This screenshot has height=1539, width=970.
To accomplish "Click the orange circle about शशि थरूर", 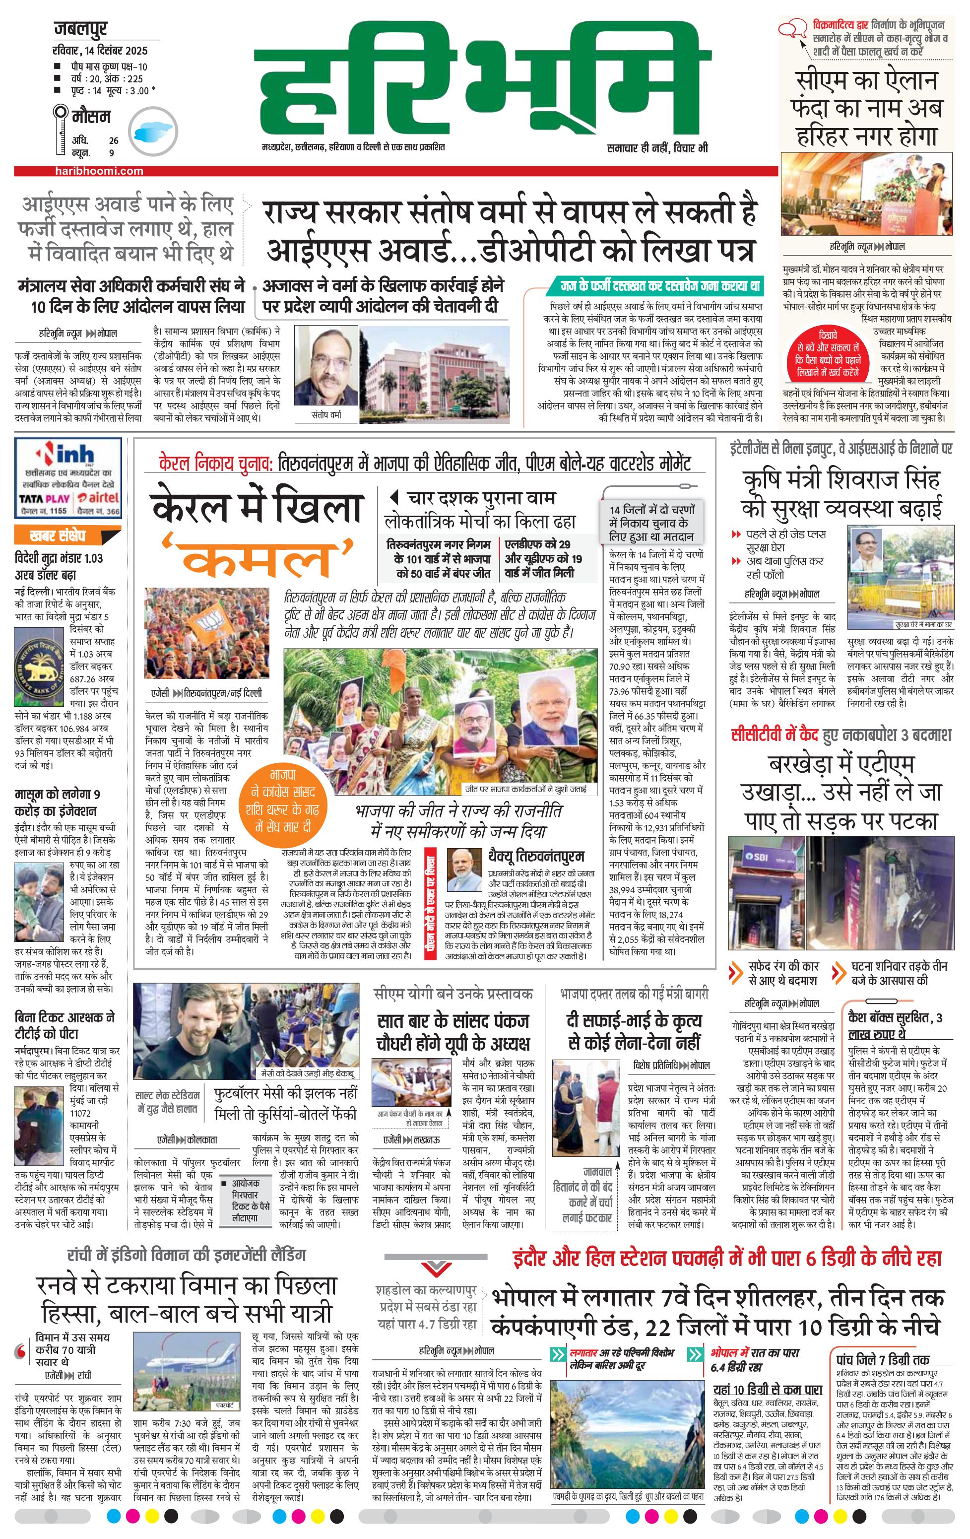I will click(x=282, y=800).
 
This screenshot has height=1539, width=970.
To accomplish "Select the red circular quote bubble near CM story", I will click(x=828, y=354).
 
